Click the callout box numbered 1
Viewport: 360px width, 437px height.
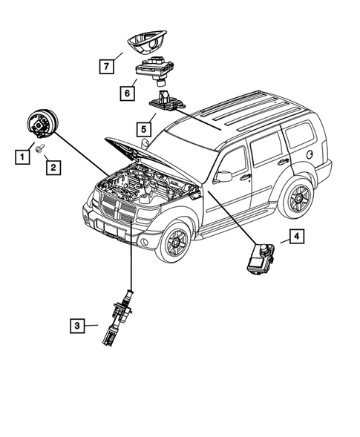tap(22, 157)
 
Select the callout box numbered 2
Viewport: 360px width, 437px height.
tap(53, 167)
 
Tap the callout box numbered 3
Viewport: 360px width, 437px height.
tap(77, 326)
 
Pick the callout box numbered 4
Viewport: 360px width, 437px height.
tap(297, 237)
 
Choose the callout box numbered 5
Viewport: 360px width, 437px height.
tap(144, 130)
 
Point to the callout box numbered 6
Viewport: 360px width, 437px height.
tap(128, 93)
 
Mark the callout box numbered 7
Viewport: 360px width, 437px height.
tap(107, 66)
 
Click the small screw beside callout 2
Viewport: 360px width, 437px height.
tap(38, 148)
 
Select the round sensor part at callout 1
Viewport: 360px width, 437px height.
tap(43, 123)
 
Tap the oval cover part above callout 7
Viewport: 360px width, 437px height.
tap(147, 42)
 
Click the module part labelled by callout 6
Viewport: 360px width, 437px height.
tap(155, 70)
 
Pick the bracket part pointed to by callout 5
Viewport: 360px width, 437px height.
tap(167, 102)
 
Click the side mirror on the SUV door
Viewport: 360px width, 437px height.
tap(223, 177)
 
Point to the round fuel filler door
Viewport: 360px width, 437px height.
tap(310, 154)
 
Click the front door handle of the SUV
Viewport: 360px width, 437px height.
tap(246, 177)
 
